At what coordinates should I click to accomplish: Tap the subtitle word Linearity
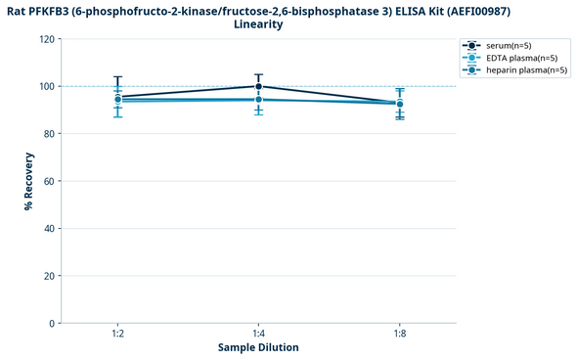tap(258, 24)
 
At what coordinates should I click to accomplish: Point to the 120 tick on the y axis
tap(47, 39)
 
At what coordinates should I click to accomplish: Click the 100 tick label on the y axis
tap(47, 86)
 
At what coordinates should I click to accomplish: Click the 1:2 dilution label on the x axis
tap(117, 334)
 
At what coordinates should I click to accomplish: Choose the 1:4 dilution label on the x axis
tap(258, 334)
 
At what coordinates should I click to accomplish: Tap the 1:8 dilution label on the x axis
tap(399, 334)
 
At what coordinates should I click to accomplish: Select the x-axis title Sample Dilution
tap(258, 347)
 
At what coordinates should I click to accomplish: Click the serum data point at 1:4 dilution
tap(258, 86)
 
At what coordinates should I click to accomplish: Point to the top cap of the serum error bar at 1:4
tap(258, 74)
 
